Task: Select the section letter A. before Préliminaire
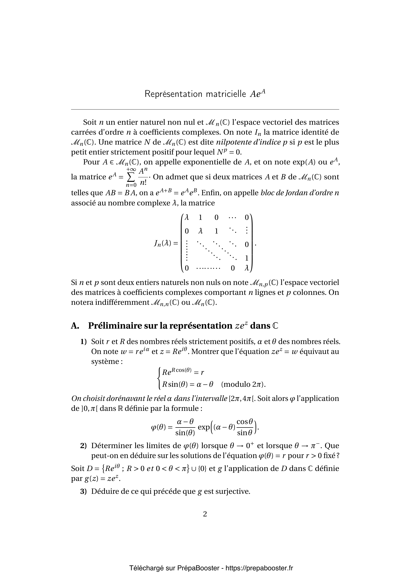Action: [75, 326]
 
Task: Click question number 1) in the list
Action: [83, 342]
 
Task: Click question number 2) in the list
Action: [83, 446]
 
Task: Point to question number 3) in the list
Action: [83, 491]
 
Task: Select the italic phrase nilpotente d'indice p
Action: [252, 142]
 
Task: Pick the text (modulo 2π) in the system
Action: [243, 384]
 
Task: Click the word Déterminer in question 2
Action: [112, 446]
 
